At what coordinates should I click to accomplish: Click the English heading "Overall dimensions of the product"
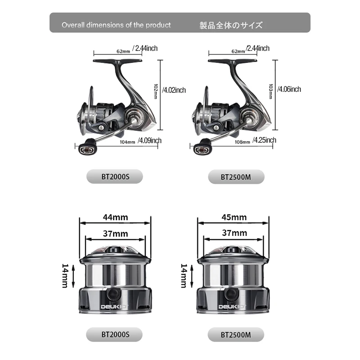(x=116, y=25)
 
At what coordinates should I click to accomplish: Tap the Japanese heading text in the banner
(x=231, y=25)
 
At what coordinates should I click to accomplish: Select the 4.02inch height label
(x=174, y=90)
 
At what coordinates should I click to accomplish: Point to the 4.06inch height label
(x=289, y=89)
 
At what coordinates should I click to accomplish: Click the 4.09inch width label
(x=149, y=140)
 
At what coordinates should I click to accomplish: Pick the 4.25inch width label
(x=264, y=140)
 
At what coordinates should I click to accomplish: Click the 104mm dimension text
(x=127, y=142)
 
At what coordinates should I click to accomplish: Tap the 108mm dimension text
(x=242, y=142)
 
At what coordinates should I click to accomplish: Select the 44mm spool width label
(x=115, y=217)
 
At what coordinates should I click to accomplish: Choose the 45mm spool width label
(x=234, y=217)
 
